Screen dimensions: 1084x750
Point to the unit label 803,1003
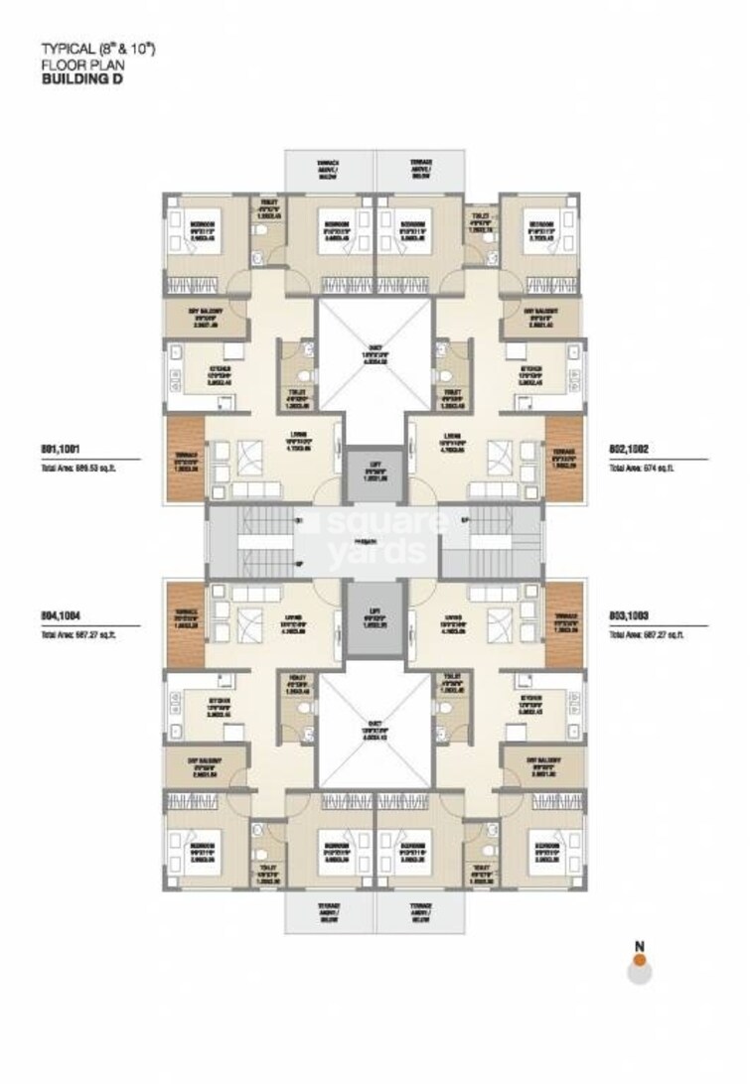(630, 615)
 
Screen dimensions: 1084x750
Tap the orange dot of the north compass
(641, 960)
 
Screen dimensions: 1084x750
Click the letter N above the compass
(641, 944)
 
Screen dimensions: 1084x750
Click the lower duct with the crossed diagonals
(375, 723)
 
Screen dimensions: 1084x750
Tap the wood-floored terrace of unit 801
(183, 458)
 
